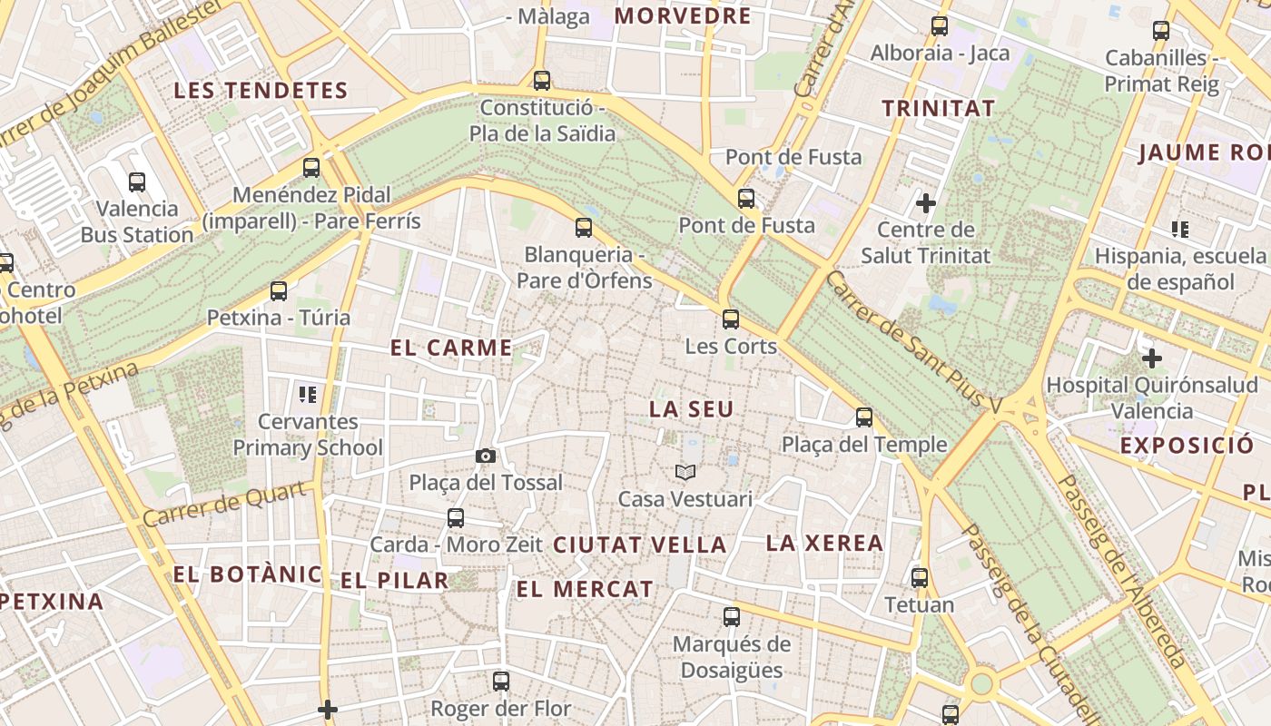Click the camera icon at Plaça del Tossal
486,456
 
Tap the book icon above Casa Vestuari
685,472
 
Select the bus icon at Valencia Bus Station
137,182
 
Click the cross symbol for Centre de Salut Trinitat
926,202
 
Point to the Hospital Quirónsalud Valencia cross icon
1152,358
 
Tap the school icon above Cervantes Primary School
308,394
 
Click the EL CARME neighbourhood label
451,348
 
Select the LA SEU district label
691,409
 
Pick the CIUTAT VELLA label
640,545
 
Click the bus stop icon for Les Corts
731,319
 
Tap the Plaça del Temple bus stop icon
864,417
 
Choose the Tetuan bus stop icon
920,578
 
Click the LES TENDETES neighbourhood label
261,91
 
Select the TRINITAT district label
939,108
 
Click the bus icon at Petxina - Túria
279,291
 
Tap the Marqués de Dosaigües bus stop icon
732,618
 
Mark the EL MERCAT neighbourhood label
585,589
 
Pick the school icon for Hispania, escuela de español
1180,229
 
